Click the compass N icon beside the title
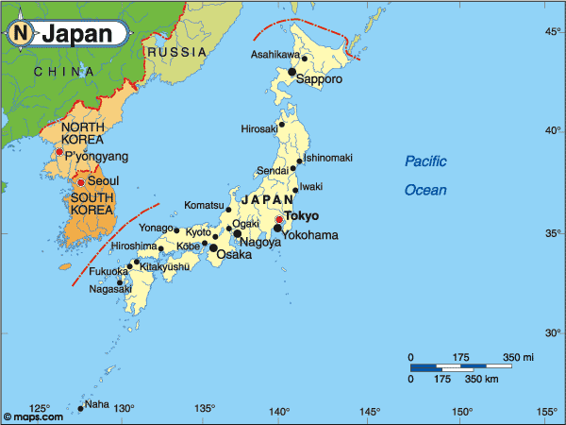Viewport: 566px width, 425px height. click(x=20, y=34)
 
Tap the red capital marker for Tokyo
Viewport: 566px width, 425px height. click(x=279, y=219)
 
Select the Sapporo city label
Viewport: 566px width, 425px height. click(x=319, y=79)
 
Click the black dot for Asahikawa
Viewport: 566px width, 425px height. click(x=305, y=59)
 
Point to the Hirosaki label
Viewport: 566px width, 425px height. click(x=259, y=128)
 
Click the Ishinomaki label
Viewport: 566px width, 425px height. click(x=327, y=157)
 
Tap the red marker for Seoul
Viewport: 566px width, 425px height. click(x=81, y=182)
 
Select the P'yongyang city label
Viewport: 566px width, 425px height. click(x=96, y=156)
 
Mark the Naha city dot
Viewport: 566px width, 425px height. click(x=80, y=408)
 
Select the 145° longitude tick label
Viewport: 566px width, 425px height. click(x=370, y=411)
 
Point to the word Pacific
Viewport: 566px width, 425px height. click(x=426, y=161)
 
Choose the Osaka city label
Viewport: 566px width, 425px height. click(x=234, y=255)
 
